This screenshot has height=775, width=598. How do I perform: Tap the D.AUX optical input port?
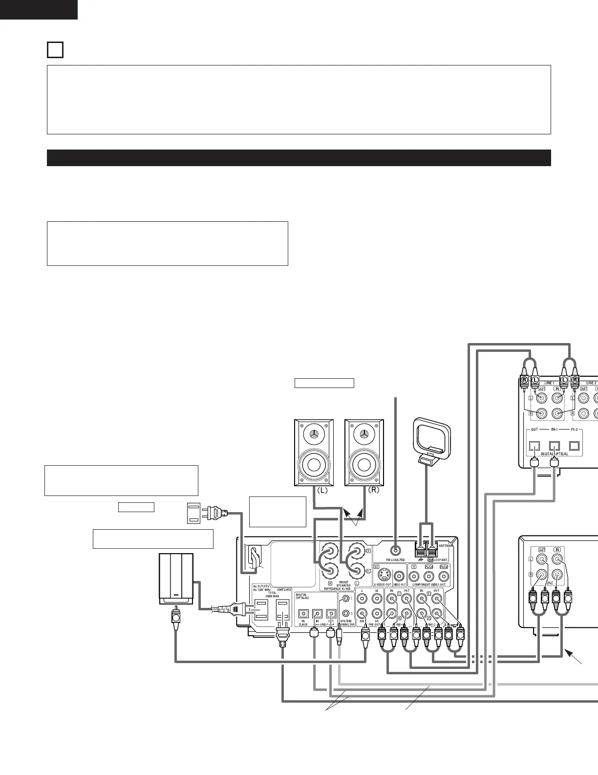coord(303,613)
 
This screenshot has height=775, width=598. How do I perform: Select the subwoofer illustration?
coord(176,579)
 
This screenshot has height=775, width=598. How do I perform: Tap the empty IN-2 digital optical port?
coord(574,446)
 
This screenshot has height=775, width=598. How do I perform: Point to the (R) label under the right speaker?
coord(373,490)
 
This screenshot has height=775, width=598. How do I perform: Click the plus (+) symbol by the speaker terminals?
coord(368,551)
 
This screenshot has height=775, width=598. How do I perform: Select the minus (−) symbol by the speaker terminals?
coord(368,570)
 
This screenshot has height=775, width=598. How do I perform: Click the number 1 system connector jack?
coord(346,599)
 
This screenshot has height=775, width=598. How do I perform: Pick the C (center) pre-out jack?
coord(362,598)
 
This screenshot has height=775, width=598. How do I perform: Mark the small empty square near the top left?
coord(55,50)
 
